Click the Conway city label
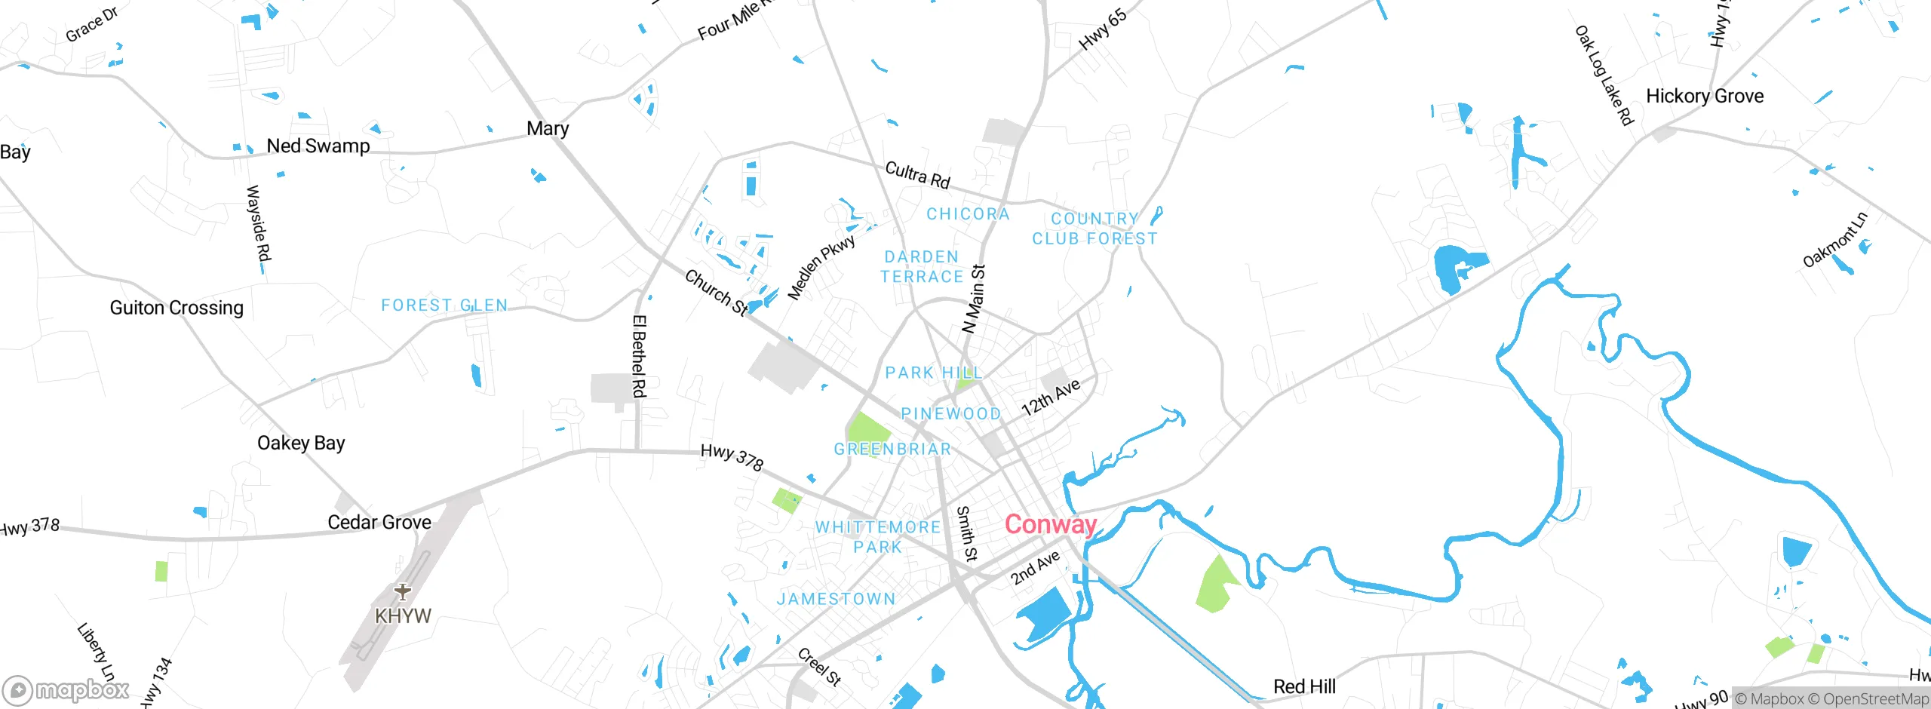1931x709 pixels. [1050, 524]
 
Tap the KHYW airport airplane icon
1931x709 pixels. [403, 591]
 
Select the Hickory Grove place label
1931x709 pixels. [1704, 97]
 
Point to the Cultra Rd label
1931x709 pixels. [916, 175]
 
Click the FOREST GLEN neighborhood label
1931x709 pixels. [444, 305]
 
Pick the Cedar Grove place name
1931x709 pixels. [379, 522]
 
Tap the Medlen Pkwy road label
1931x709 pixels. [821, 267]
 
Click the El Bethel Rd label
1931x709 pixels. [639, 356]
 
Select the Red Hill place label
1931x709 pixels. [1303, 686]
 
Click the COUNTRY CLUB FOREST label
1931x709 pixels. [1094, 229]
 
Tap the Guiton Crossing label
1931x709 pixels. [177, 308]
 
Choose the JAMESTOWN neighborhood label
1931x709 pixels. [836, 599]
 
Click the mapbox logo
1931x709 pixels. [66, 689]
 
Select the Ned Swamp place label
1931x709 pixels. [318, 146]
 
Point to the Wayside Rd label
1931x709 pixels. [258, 223]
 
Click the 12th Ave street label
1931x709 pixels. [1050, 397]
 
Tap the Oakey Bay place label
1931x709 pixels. [300, 443]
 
